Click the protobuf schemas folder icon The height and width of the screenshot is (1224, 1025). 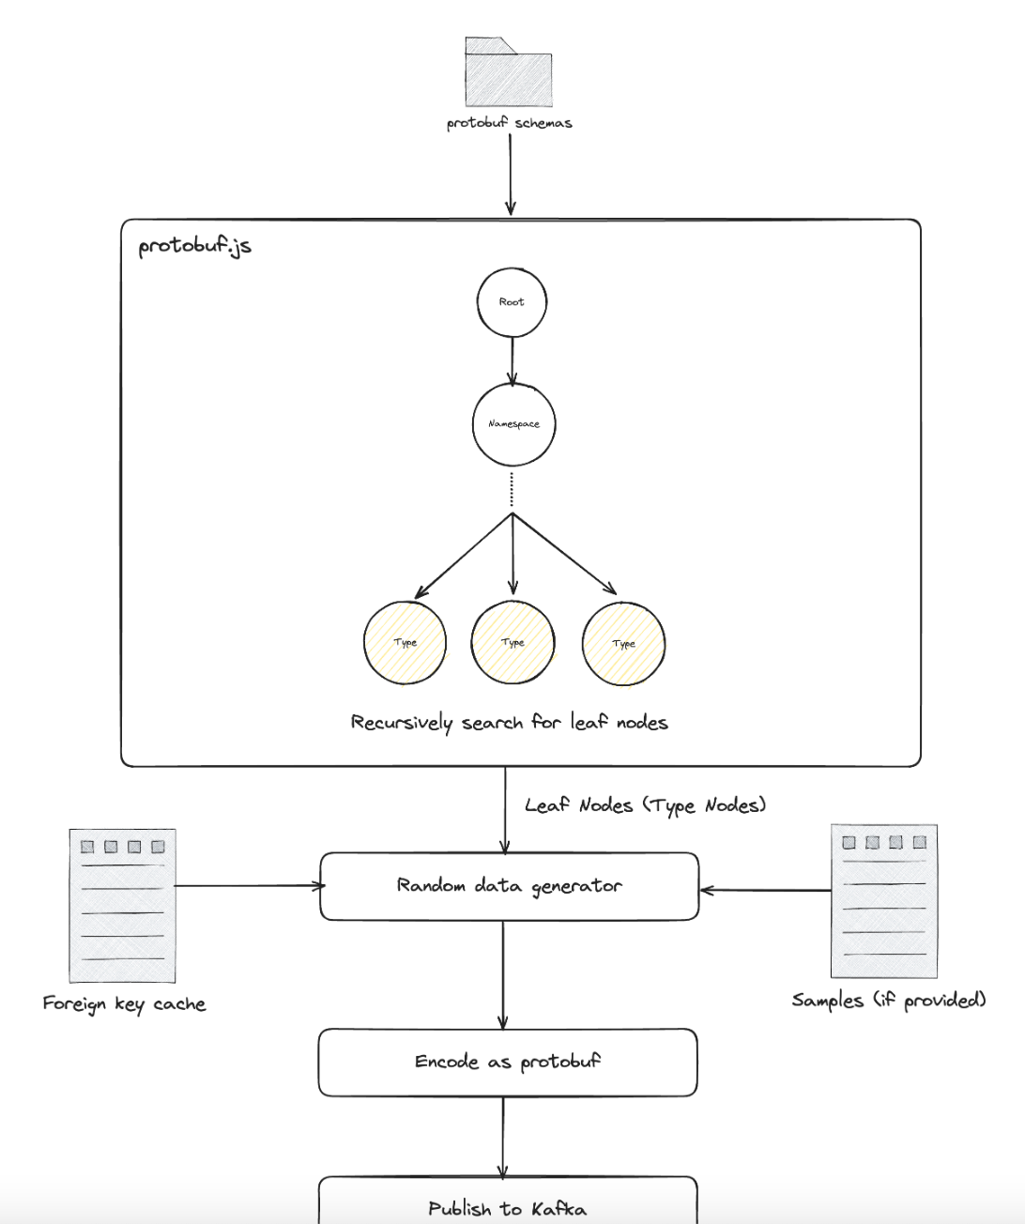[508, 73]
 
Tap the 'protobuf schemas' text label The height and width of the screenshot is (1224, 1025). [509, 123]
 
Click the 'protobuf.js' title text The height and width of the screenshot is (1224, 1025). [194, 246]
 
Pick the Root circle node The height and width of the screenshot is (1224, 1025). [512, 302]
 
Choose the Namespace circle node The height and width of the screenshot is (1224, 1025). [513, 424]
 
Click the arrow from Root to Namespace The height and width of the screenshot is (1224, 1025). [512, 360]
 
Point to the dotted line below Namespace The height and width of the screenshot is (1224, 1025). [512, 490]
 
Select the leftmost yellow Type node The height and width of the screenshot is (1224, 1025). [405, 643]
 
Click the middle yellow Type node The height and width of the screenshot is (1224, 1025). [512, 643]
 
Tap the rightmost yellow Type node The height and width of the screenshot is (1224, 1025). [623, 644]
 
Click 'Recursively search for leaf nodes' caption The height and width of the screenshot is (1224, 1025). [509, 722]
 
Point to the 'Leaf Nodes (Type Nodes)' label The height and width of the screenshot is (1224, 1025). [645, 805]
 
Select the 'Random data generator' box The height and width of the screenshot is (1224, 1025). [509, 886]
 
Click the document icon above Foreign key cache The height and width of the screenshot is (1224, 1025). [122, 905]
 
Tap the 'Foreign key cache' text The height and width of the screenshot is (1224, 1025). [124, 1003]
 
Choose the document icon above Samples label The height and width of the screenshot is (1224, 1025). [883, 901]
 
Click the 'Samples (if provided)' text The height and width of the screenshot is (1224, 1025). [888, 1000]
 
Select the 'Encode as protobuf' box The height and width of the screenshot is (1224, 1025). [508, 1062]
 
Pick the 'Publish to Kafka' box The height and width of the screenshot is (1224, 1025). [508, 1204]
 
